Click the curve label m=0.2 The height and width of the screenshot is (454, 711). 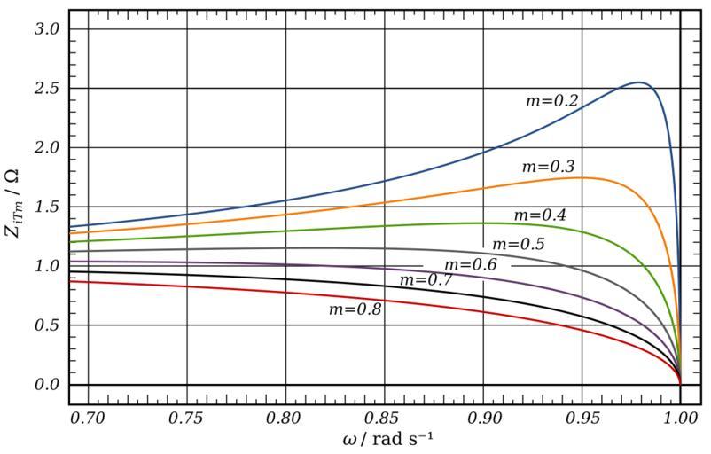click(551, 101)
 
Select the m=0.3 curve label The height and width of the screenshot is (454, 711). click(548, 166)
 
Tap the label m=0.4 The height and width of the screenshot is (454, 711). click(540, 215)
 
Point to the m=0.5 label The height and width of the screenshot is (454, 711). click(518, 244)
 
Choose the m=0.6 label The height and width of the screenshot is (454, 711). click(470, 265)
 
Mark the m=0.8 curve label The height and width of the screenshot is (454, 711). click(355, 309)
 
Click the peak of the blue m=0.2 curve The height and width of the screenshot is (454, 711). click(639, 82)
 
